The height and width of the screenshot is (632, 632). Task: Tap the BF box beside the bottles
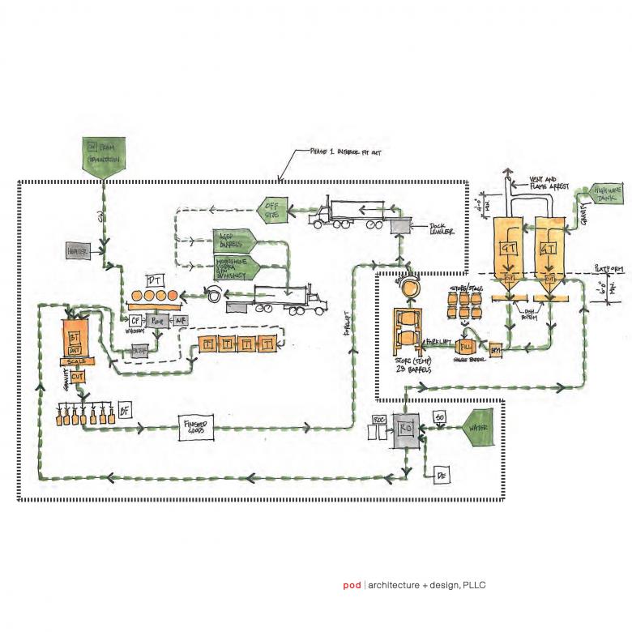click(124, 409)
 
